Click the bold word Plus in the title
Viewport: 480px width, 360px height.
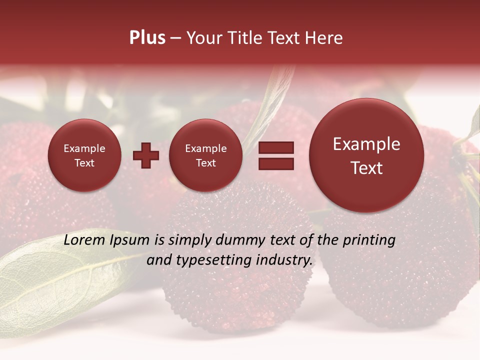pyautogui.click(x=147, y=38)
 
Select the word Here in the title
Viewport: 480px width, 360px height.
pyautogui.click(x=324, y=38)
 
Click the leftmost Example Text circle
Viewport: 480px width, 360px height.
pyautogui.click(x=84, y=155)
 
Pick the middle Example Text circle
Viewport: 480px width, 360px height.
pyautogui.click(x=205, y=155)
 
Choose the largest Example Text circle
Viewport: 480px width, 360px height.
pyautogui.click(x=366, y=155)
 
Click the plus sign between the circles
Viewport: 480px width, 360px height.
pyautogui.click(x=146, y=155)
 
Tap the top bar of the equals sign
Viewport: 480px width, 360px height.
pyautogui.click(x=276, y=148)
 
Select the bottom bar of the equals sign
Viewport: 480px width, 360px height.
pyautogui.click(x=276, y=163)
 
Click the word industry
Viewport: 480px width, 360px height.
pyautogui.click(x=284, y=260)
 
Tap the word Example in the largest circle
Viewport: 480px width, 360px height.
pyautogui.click(x=366, y=144)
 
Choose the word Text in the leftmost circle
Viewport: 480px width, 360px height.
pyautogui.click(x=84, y=163)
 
